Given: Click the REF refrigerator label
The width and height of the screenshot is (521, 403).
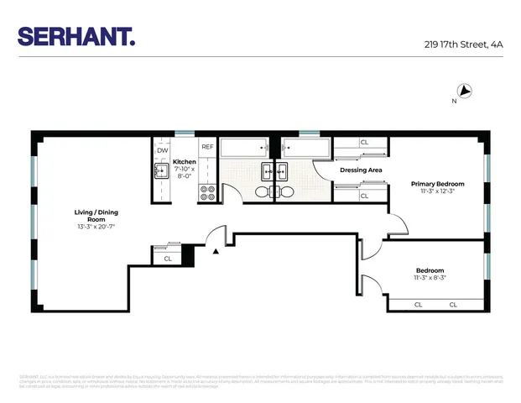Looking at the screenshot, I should (x=206, y=145).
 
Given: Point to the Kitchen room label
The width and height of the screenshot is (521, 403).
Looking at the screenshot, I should (x=184, y=161).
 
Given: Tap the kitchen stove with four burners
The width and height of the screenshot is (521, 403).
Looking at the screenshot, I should (x=206, y=192).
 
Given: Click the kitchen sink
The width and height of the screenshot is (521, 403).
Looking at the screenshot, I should (x=160, y=172).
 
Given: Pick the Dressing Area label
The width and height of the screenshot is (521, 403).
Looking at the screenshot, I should (x=361, y=170).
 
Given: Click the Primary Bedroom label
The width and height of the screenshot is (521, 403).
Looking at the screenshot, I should (x=437, y=183).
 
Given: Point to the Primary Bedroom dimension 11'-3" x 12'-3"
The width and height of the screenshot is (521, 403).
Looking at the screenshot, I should (x=437, y=191).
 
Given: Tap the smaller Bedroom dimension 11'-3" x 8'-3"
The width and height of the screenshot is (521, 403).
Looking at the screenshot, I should (x=430, y=278).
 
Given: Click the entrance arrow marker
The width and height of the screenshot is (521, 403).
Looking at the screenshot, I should (x=216, y=251).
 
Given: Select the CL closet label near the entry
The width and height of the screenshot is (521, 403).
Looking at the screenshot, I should (x=168, y=259).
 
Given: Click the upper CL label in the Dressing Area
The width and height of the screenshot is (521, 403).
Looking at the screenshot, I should (x=364, y=143).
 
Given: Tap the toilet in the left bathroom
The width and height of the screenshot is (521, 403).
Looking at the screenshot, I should (x=263, y=192).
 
